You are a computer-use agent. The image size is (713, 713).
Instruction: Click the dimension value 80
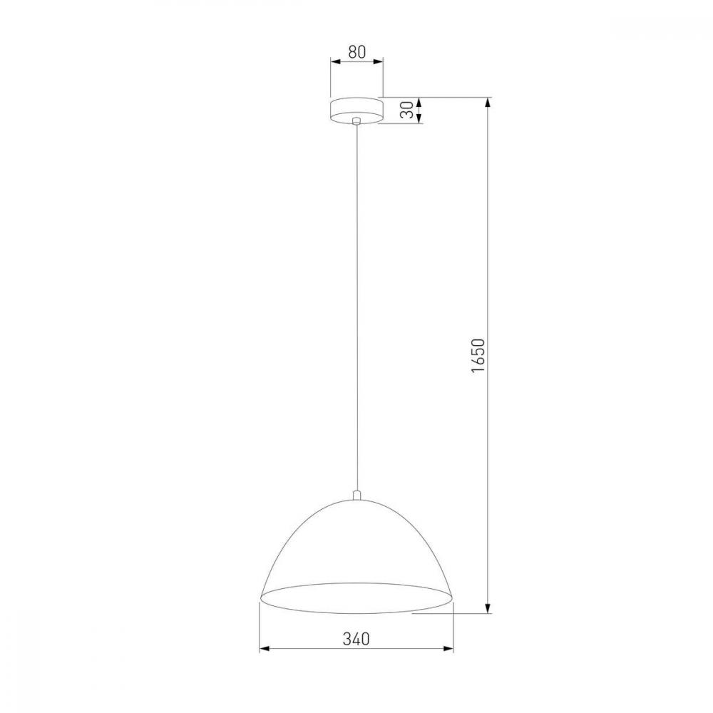tap(357, 52)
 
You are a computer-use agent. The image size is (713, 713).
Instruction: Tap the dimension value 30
tap(407, 110)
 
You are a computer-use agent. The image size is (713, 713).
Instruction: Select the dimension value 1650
tap(478, 356)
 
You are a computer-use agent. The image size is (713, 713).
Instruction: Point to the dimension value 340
tap(356, 639)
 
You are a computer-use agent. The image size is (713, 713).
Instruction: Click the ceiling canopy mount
tap(357, 110)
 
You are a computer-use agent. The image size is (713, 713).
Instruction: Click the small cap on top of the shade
tap(357, 496)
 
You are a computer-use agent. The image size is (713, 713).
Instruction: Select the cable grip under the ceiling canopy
tap(357, 120)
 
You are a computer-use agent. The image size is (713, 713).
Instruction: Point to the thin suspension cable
tap(357, 307)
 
